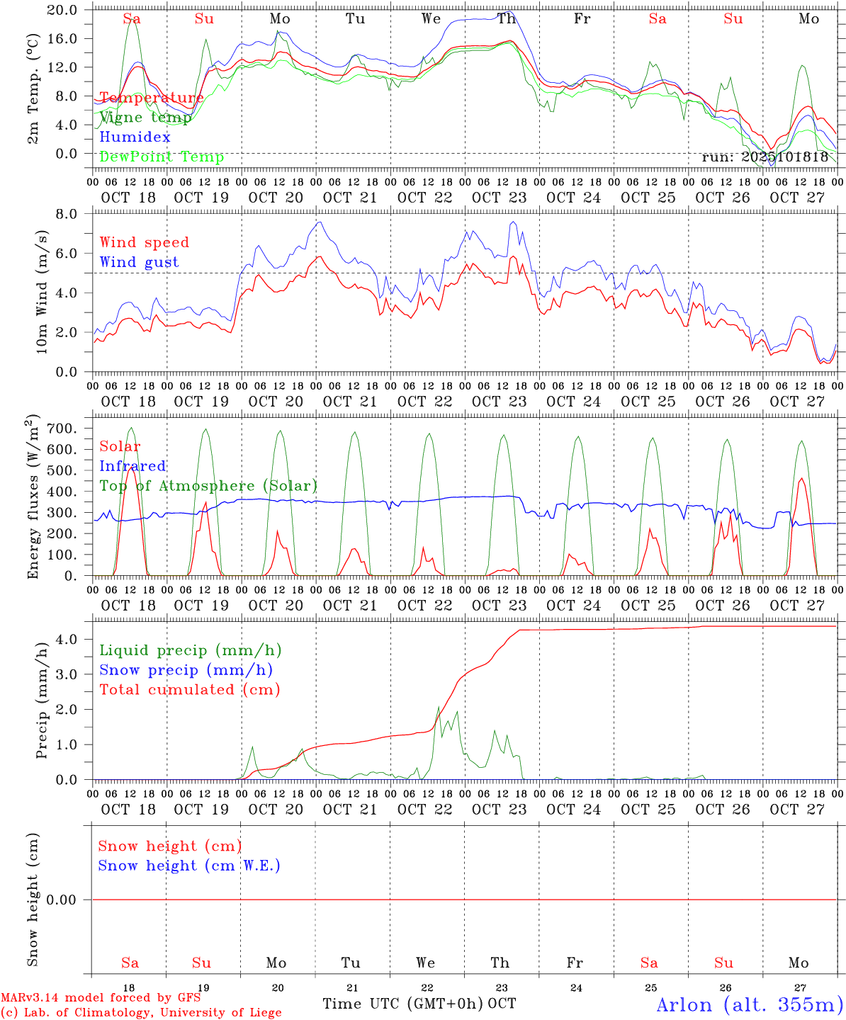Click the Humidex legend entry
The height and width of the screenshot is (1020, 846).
[x=135, y=137]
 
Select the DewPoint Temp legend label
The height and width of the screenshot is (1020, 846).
[x=162, y=157]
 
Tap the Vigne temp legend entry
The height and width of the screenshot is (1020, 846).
[x=145, y=118]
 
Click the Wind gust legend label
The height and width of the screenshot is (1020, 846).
[x=139, y=262]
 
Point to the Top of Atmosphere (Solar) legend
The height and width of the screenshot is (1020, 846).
[x=208, y=486]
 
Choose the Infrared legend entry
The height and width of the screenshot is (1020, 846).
[x=132, y=466]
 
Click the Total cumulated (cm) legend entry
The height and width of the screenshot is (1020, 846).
[x=189, y=689]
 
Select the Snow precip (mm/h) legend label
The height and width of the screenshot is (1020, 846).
[x=186, y=670]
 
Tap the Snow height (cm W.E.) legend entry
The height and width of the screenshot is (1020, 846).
[x=189, y=866]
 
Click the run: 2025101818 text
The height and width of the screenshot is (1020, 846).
[x=765, y=157]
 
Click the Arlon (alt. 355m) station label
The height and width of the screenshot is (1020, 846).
[x=749, y=1004]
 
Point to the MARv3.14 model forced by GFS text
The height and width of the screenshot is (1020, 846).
[x=101, y=998]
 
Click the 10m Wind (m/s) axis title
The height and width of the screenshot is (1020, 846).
[x=42, y=291]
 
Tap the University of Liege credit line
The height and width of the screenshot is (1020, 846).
[x=141, y=1013]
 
